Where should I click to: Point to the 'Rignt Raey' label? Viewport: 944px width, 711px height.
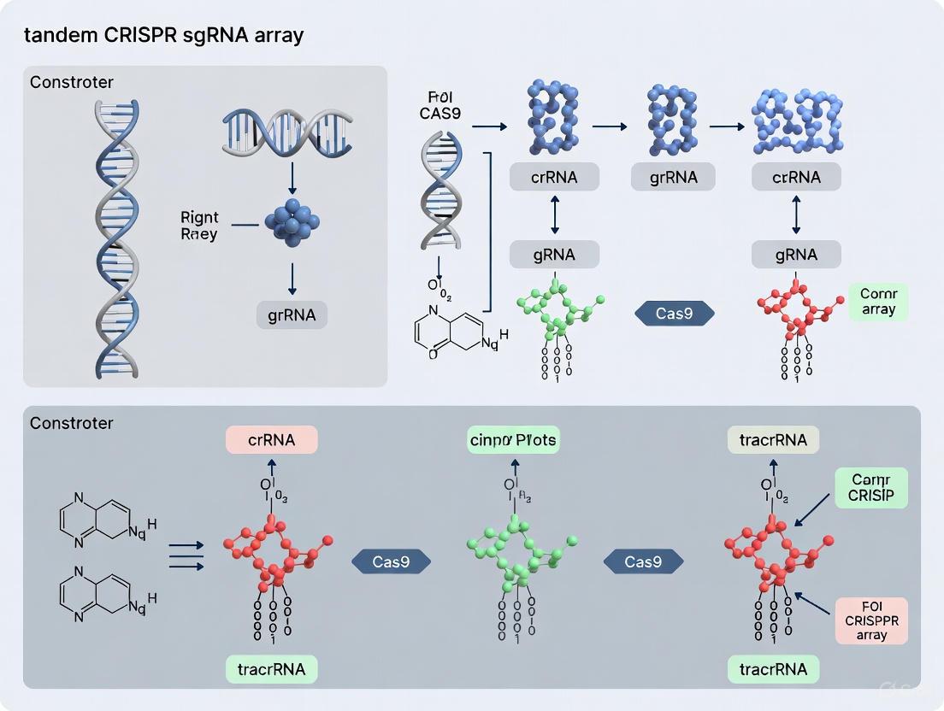tap(199, 225)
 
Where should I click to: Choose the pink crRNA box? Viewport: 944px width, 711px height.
tap(271, 440)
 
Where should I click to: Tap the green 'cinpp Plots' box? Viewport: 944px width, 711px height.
tap(514, 440)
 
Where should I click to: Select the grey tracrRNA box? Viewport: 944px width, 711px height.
tap(773, 440)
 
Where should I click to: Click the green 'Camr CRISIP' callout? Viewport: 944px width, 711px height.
tap(870, 488)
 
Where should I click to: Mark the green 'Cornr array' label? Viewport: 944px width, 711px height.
tap(878, 302)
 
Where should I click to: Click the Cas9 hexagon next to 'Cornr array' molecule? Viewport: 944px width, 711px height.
tap(674, 314)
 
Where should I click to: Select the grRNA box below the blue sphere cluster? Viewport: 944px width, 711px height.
tap(292, 315)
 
